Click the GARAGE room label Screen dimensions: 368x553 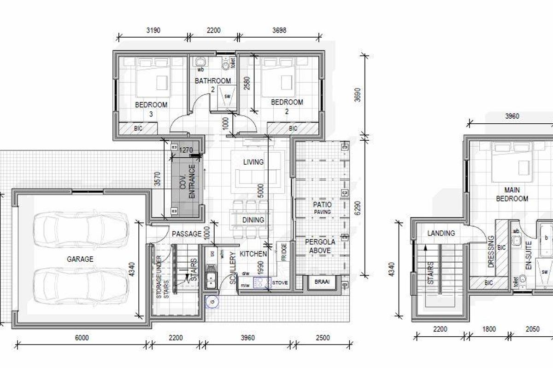point(80,259)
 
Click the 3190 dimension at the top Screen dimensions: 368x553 point(153,31)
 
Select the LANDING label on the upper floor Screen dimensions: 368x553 point(441,233)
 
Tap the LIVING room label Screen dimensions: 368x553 point(253,162)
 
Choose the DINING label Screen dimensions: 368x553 point(253,220)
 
